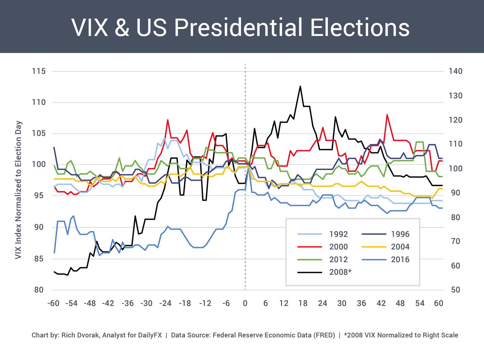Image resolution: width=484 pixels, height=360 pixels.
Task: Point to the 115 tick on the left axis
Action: click(x=39, y=71)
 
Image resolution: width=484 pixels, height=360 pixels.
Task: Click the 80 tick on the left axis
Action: click(x=39, y=290)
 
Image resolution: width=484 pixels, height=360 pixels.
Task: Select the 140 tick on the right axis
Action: click(x=455, y=71)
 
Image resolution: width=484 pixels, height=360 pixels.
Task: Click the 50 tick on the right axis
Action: click(x=455, y=290)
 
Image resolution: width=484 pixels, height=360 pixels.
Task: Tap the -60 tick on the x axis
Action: click(x=53, y=303)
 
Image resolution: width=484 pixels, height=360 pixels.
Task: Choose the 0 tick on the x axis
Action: click(x=245, y=303)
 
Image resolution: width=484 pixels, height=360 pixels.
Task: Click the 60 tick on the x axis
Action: click(x=439, y=303)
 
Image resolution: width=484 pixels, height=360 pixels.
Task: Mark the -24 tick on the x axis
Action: click(x=165, y=303)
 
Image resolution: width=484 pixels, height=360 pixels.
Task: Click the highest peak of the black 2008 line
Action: click(x=300, y=86)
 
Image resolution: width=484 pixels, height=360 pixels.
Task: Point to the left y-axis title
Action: click(x=18, y=190)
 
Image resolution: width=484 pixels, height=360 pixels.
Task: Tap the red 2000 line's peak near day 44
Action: click(x=387, y=115)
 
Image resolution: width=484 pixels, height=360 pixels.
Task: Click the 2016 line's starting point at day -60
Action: click(x=54, y=252)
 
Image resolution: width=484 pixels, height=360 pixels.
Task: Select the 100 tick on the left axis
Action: click(x=39, y=165)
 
